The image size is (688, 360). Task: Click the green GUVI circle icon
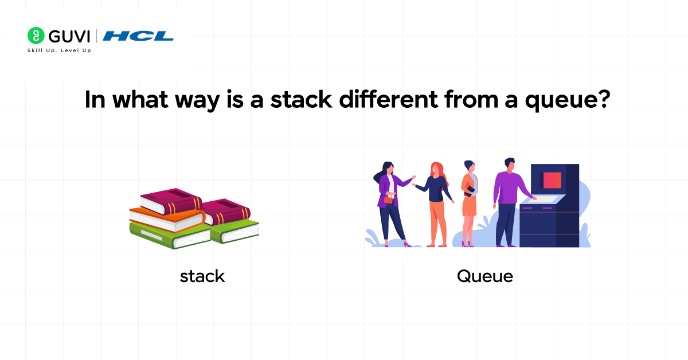(x=36, y=36)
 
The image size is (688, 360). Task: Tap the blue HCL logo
(x=139, y=36)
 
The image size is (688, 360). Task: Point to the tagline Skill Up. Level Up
(x=59, y=50)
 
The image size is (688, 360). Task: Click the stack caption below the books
(x=202, y=276)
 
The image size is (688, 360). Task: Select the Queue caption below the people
(x=484, y=276)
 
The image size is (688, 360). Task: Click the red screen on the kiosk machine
(x=552, y=180)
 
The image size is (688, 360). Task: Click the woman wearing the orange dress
(x=469, y=198)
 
